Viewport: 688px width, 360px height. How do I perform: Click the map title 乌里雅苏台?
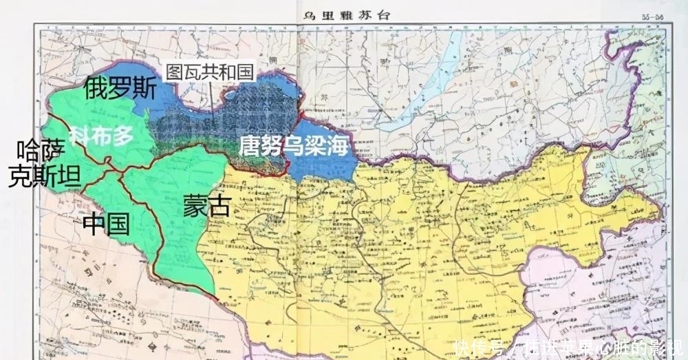tap(345, 14)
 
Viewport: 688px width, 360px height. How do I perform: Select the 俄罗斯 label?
tap(120, 89)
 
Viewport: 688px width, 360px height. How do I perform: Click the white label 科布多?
tap(105, 136)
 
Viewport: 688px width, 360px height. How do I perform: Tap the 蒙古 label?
tap(206, 205)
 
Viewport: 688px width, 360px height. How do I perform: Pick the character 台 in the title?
tap(380, 14)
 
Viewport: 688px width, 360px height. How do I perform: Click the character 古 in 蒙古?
tap(218, 205)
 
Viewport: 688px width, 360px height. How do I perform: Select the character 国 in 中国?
tap(118, 224)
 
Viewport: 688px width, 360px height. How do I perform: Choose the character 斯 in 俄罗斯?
tap(144, 89)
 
